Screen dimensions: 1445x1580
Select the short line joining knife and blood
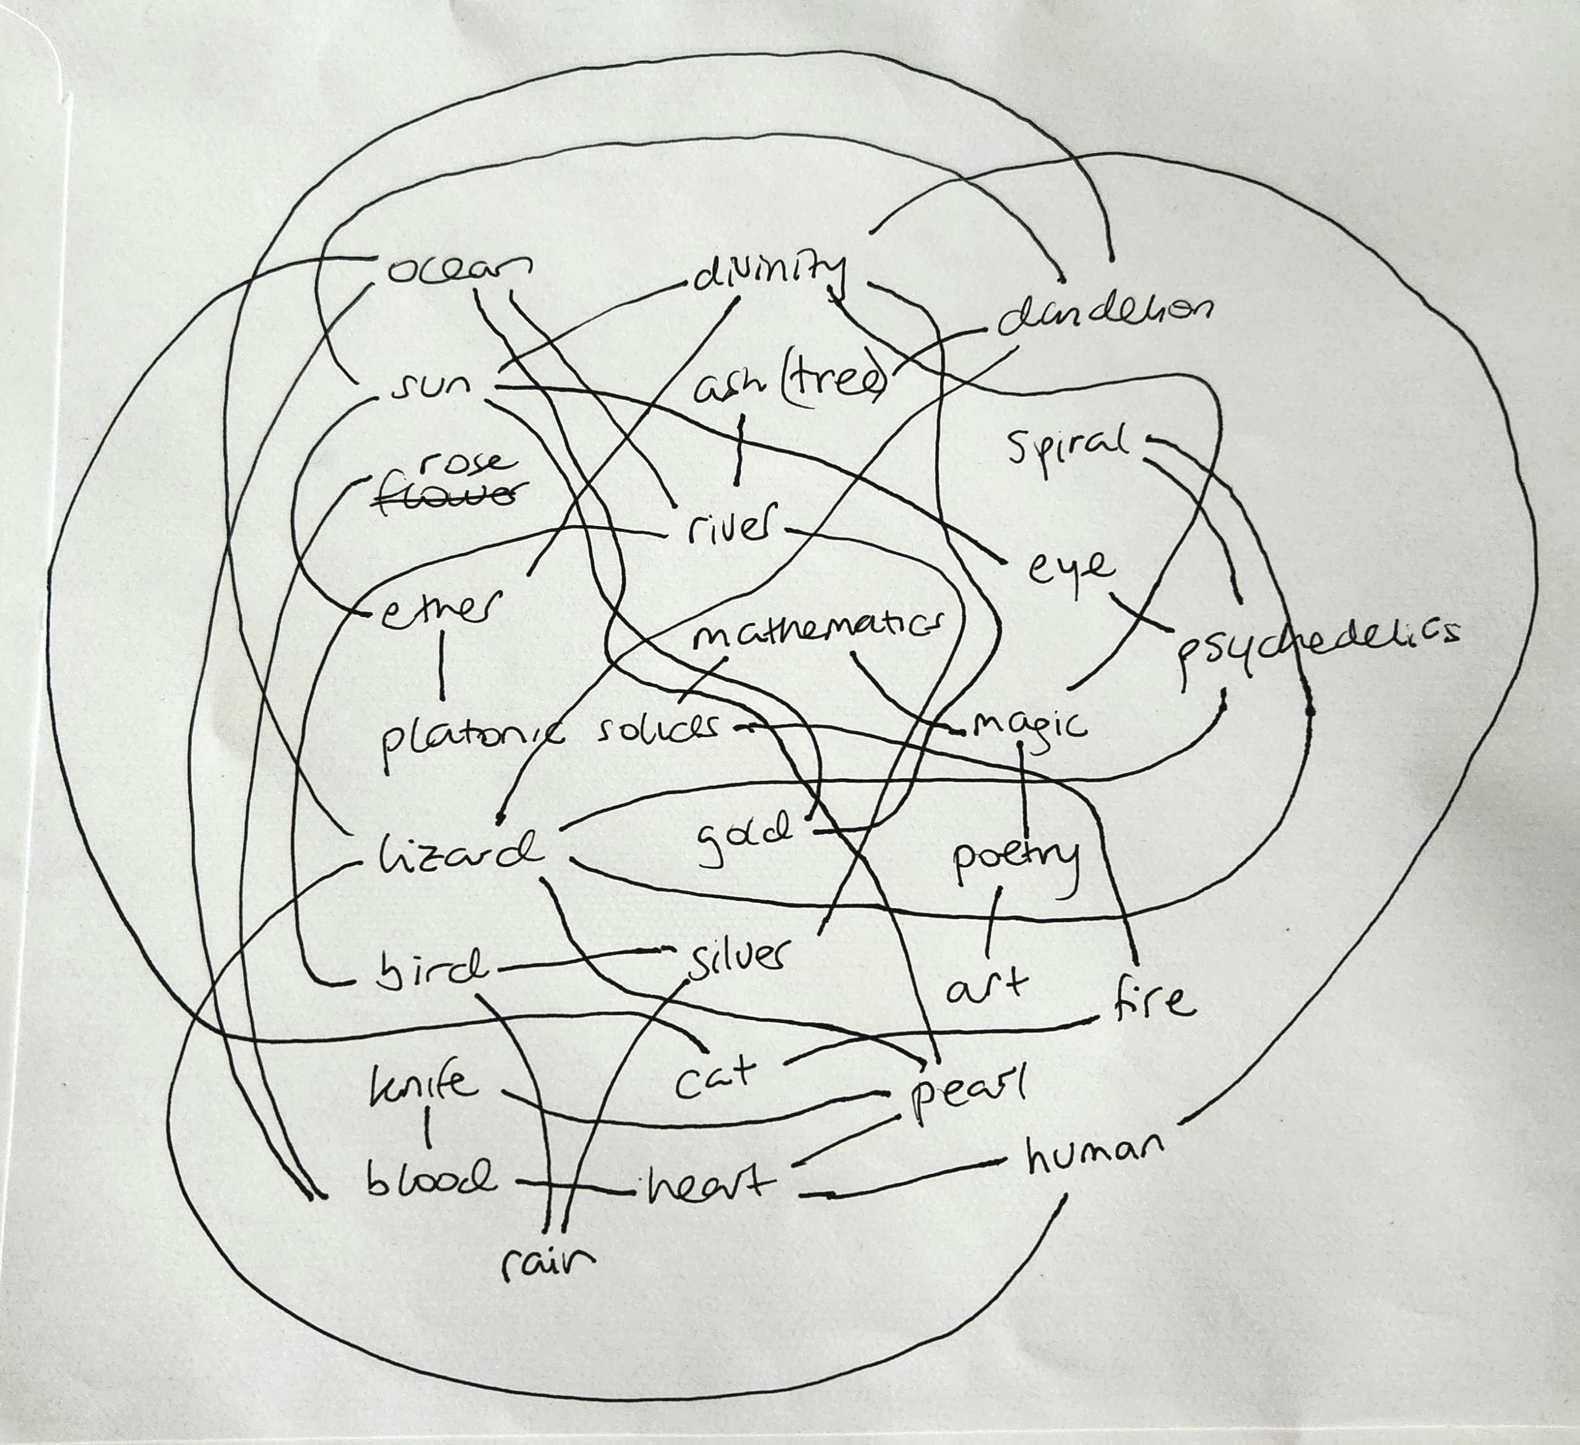click(428, 1130)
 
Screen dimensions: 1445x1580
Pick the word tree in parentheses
click(835, 383)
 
